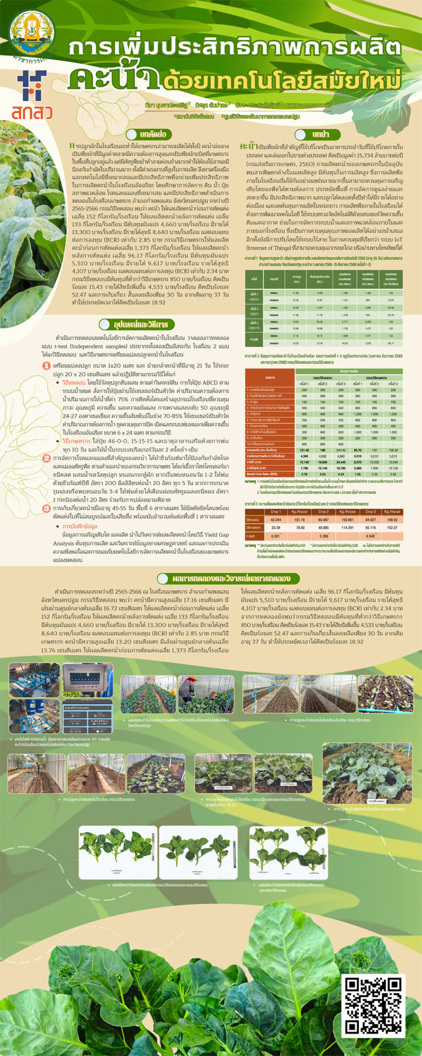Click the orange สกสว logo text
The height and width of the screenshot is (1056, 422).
[x=32, y=112]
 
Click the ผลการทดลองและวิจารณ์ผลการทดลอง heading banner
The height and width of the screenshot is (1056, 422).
[x=227, y=578]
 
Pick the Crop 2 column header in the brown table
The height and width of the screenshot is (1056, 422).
[x=324, y=512]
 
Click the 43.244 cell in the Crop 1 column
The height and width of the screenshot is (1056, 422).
[x=276, y=519]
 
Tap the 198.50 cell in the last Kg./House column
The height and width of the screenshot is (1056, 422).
[x=393, y=519]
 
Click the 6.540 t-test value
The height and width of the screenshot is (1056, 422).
[x=370, y=536]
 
